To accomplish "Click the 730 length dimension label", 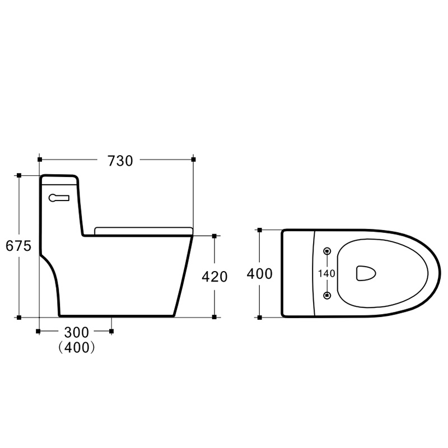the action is point(120,161).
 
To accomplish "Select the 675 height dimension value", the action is point(18,246).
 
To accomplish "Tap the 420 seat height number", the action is point(214,277).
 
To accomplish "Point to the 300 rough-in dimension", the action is point(77,332).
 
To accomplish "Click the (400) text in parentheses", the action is point(77,347).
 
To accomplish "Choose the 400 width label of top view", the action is point(260,273).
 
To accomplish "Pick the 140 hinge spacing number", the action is point(326,273).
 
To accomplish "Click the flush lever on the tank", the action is point(59,198).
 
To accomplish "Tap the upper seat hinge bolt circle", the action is point(327,251).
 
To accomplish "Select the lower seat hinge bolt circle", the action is point(327,295).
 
